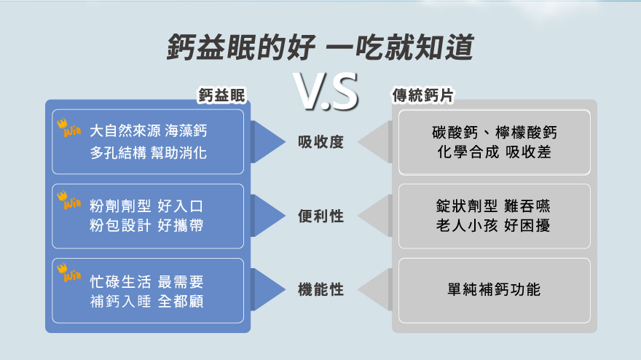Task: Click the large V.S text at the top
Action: [326, 92]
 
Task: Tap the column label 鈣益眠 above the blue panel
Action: [222, 95]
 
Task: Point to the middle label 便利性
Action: [320, 216]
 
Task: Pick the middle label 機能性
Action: [320, 289]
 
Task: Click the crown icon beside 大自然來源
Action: [69, 128]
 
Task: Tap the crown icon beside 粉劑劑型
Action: [69, 200]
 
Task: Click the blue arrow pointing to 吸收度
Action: [269, 141]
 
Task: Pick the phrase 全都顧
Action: [181, 301]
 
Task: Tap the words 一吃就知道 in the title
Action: [400, 48]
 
